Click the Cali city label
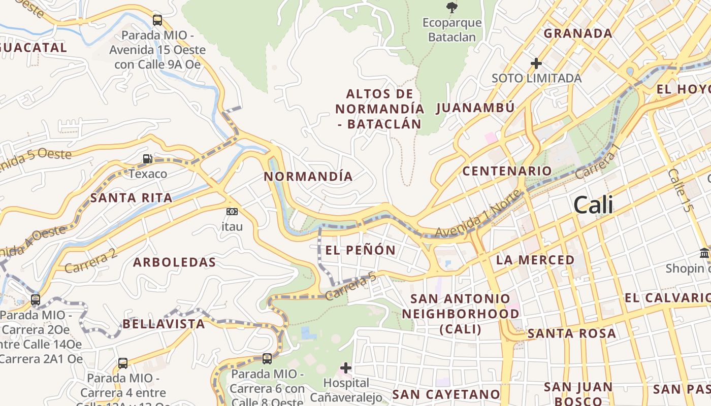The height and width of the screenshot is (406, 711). [x=593, y=205]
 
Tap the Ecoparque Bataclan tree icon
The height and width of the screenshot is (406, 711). [x=451, y=7]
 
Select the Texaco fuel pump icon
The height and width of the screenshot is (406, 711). [x=147, y=159]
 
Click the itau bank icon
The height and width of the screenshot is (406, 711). [x=232, y=211]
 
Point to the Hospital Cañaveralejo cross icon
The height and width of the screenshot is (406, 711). [x=346, y=367]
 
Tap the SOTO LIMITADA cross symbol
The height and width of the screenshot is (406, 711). [x=536, y=63]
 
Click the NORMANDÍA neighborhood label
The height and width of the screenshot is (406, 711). [x=308, y=177]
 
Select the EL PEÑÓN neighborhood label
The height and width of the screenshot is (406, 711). [x=360, y=250]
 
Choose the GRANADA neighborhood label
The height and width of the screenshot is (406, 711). [x=578, y=33]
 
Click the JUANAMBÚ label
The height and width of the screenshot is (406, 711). [x=475, y=108]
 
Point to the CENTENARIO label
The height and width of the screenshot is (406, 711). [x=507, y=171]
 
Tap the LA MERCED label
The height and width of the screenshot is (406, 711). [x=535, y=260]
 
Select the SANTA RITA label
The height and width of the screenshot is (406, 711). [x=131, y=198]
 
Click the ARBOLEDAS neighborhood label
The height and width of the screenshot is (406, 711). [x=174, y=262]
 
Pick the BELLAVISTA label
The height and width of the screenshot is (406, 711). [x=164, y=324]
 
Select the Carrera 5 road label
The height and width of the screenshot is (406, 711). [x=351, y=286]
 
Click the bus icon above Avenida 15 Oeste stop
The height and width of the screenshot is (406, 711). [x=157, y=20]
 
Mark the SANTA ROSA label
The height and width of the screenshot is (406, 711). [x=572, y=333]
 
